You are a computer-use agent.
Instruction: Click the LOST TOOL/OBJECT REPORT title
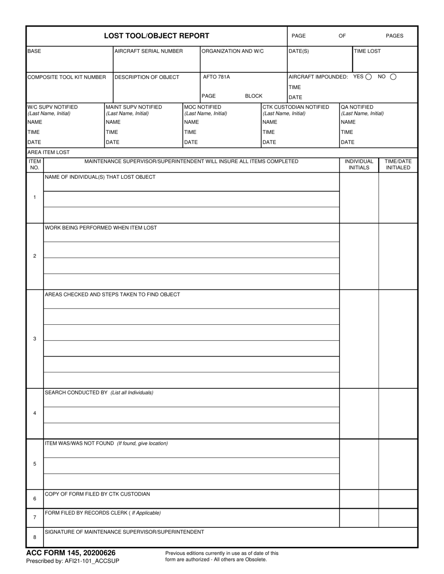coord(156,36)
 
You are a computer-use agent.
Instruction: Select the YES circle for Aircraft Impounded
coord(369,77)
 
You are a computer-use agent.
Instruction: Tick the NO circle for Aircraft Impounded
coord(393,77)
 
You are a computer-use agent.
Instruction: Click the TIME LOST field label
coord(367,51)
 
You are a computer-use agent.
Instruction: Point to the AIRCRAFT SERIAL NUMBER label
coord(149,51)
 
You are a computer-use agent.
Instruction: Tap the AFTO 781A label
coord(216,77)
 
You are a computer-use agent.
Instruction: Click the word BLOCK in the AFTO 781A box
coord(253,96)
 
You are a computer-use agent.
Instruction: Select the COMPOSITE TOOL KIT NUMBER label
coord(67,77)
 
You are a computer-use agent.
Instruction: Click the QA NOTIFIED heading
coord(357,107)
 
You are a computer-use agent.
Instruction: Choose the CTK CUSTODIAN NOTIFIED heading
coord(296,107)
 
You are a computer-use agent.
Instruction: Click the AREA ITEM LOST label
coord(49,153)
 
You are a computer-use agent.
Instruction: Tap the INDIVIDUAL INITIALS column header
coord(359,164)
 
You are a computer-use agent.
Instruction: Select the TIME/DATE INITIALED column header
coord(398,164)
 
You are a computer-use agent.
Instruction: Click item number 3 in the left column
coord(35,339)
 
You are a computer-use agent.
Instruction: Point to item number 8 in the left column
coord(35,537)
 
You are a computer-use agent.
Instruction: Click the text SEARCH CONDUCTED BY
coord(76,392)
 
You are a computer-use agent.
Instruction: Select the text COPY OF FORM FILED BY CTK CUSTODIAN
coord(97,494)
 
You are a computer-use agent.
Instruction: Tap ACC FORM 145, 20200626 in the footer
coord(71,553)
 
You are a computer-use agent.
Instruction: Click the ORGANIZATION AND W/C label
coord(232,51)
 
